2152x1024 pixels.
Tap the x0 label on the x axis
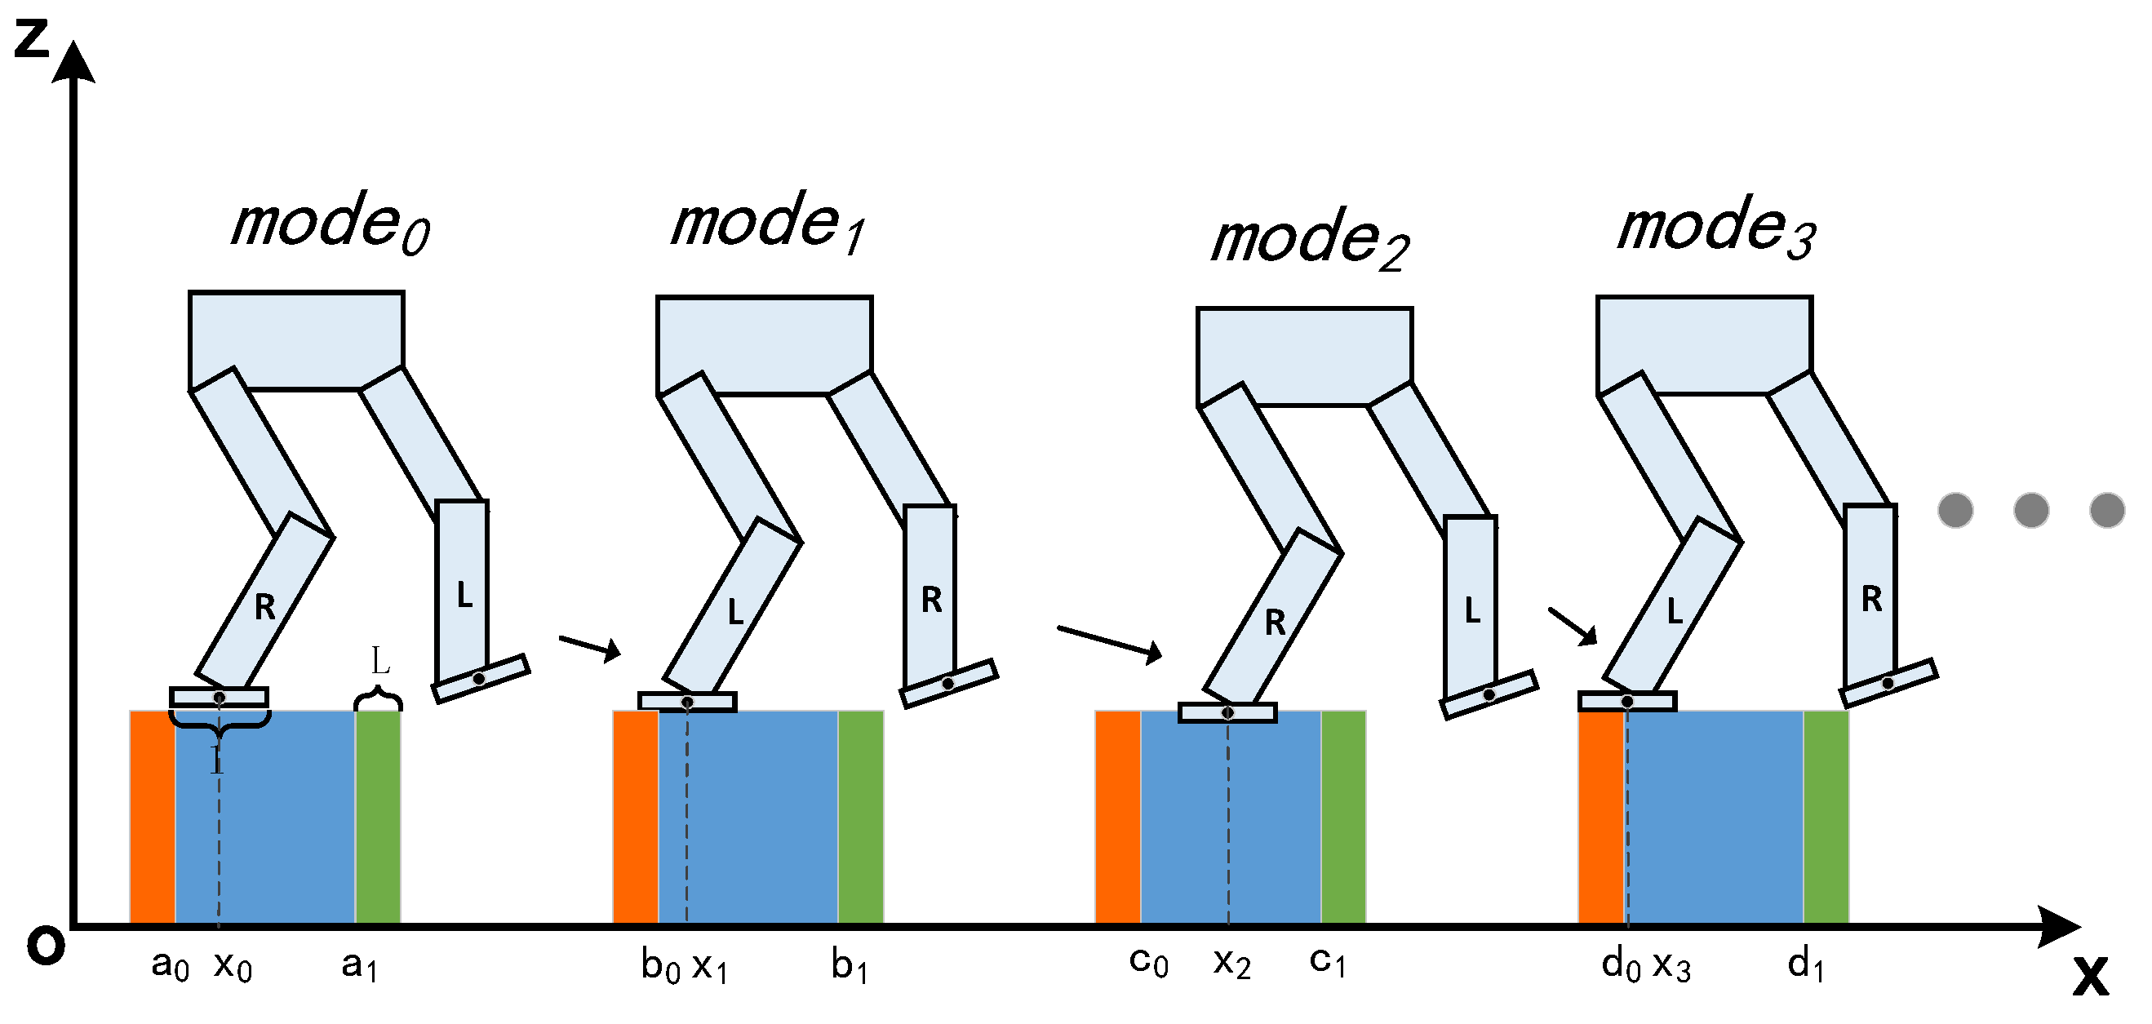[233, 966]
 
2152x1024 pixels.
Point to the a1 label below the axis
[359, 966]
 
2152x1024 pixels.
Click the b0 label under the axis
[660, 966]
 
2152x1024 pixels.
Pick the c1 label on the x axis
[1328, 962]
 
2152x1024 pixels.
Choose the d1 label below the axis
[1805, 966]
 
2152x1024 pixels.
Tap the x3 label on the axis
[1671, 966]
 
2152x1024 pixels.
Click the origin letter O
[45, 946]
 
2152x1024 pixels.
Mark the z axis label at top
[32, 38]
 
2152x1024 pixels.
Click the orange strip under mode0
[152, 816]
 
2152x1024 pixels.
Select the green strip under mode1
[860, 816]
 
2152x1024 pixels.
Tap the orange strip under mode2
[1118, 816]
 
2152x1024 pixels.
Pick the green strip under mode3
[1826, 816]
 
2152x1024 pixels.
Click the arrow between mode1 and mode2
[1109, 641]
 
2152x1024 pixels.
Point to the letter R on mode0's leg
[265, 607]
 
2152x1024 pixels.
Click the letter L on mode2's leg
[1472, 611]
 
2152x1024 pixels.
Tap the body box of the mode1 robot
[764, 344]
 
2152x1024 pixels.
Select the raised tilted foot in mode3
[1888, 683]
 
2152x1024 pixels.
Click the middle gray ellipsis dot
[2031, 510]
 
